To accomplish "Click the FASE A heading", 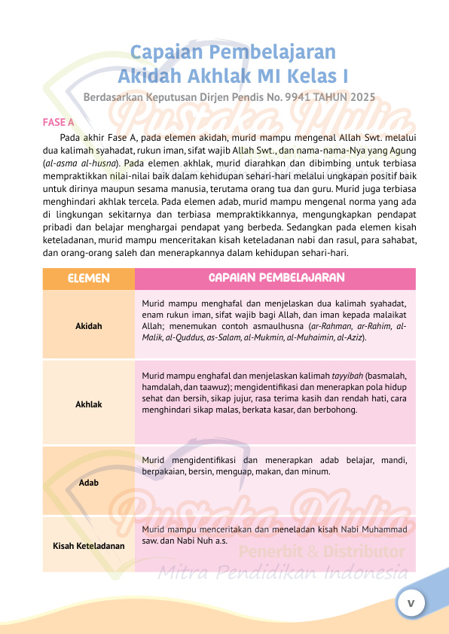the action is coord(58,121).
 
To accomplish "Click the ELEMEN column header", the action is coord(89,278).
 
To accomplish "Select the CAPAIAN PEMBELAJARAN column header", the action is coord(276,278).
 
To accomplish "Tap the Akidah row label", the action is coord(89,326).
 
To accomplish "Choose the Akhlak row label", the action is coord(89,404).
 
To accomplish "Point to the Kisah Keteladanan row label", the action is coord(89,544).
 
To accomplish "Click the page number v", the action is coord(411,603).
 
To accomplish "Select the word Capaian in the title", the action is coord(166,52).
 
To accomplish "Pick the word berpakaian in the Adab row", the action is coord(163,471).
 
